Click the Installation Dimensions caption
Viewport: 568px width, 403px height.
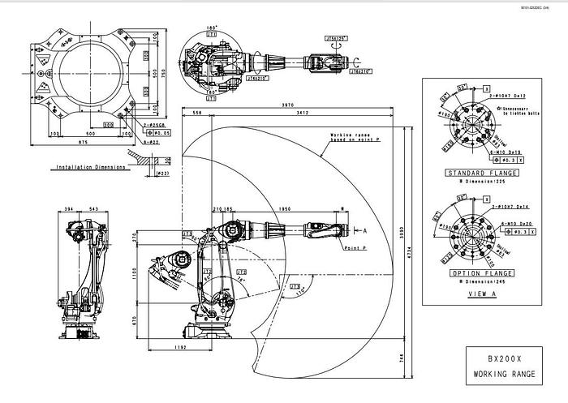[x=90, y=168]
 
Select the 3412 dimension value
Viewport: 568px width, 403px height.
[x=302, y=113]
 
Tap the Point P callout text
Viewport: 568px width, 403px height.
[x=355, y=247]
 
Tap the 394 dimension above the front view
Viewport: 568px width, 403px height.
[x=70, y=209]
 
